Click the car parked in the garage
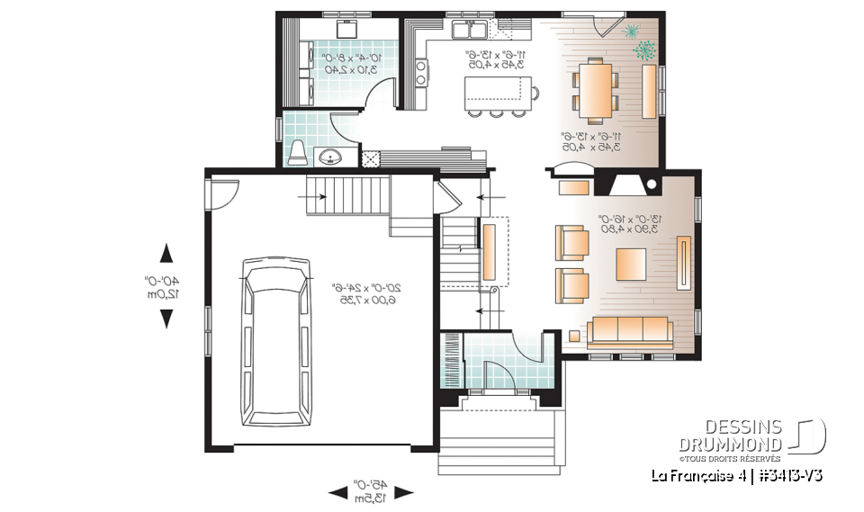point(275,341)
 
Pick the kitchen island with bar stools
point(496,92)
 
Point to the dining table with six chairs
point(596,88)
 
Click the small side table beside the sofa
point(574,337)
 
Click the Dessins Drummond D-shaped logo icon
point(809,436)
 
